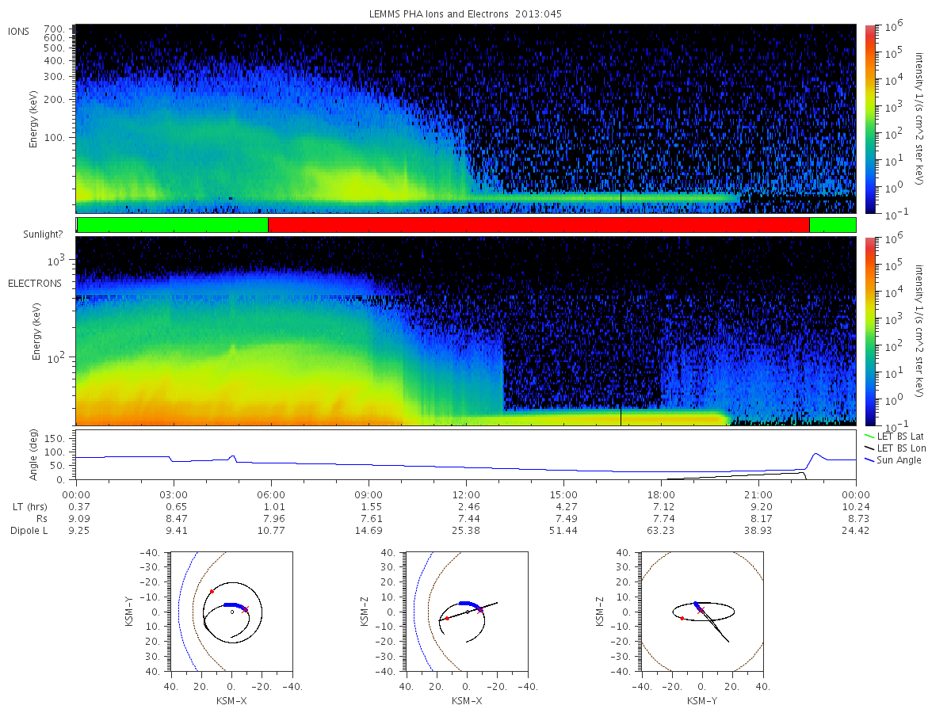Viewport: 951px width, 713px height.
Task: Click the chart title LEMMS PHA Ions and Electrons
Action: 438,13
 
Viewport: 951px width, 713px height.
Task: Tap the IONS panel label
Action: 18,32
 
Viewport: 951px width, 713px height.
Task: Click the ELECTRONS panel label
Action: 35,284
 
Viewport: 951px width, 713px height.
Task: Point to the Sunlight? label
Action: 43,234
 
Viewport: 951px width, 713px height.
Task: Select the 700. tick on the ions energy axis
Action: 54,29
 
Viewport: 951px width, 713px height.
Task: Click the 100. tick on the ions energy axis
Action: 54,138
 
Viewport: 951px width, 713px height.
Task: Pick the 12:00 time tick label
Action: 466,495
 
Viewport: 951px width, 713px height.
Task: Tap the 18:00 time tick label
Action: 661,495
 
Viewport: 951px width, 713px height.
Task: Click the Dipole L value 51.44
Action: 563,530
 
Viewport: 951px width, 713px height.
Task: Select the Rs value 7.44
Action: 466,519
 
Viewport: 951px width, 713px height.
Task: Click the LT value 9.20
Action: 758,506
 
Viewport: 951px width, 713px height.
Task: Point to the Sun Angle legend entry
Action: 893,460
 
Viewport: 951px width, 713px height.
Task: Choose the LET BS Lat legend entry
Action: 894,437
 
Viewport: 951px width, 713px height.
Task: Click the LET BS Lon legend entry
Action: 895,448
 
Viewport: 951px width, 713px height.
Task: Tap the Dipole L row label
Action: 29,530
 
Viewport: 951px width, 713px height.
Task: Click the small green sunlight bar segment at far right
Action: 833,225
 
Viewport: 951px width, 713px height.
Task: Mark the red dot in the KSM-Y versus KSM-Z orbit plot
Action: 682,618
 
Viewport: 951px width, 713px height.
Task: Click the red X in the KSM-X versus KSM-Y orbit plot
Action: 245,609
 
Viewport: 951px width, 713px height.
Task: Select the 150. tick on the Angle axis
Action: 55,439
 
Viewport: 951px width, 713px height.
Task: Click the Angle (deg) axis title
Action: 33,455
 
